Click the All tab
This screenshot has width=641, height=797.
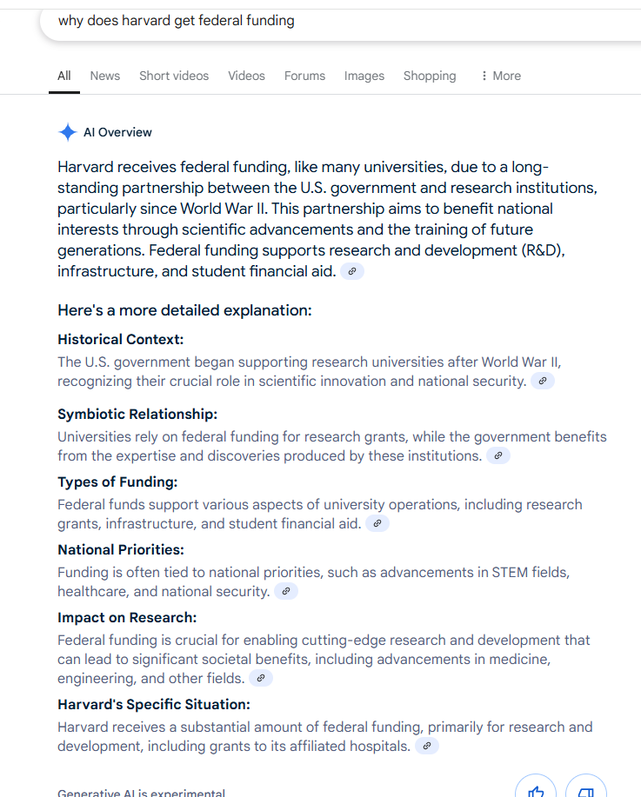(x=64, y=76)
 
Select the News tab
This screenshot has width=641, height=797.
(x=105, y=76)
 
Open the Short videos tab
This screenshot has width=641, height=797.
(x=174, y=76)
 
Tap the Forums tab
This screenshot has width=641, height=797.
(x=304, y=76)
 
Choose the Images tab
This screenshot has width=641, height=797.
(x=364, y=76)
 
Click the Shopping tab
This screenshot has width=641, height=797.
(x=429, y=76)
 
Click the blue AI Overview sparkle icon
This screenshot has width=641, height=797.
(x=67, y=132)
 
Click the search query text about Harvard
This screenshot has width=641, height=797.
(x=176, y=21)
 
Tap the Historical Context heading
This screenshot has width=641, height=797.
(x=121, y=339)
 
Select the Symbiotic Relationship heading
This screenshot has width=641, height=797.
(x=137, y=414)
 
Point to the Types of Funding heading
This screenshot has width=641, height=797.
(x=117, y=482)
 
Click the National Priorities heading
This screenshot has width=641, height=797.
(x=121, y=549)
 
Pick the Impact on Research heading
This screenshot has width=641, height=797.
(x=127, y=617)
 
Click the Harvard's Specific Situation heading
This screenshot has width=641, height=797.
(x=154, y=704)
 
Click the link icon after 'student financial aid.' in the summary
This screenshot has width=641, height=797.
(x=352, y=271)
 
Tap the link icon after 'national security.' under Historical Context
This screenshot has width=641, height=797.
(x=543, y=381)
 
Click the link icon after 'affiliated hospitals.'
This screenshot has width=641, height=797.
(x=427, y=746)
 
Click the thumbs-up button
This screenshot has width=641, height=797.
(x=536, y=789)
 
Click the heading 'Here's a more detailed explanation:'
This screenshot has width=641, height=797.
(x=184, y=310)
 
